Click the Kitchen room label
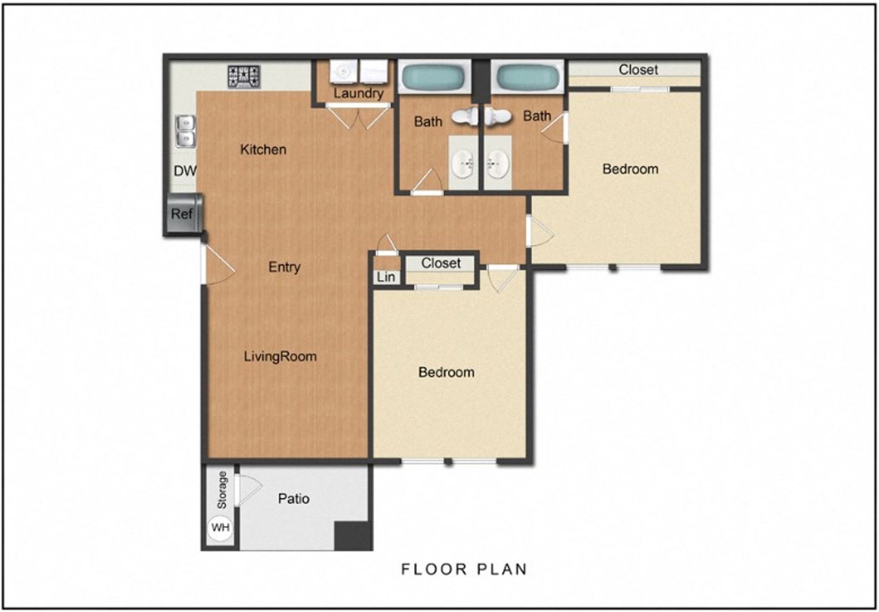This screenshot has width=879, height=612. tap(263, 149)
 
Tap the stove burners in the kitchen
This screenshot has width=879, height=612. tap(244, 76)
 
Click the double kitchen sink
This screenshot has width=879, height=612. tap(185, 131)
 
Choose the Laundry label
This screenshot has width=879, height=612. tap(358, 93)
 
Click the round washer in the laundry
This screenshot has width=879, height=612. tap(343, 71)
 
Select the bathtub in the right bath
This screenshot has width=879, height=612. tap(527, 76)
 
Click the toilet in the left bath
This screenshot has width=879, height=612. tap(465, 116)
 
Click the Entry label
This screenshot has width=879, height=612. tap(285, 267)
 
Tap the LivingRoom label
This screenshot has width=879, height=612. tap(280, 357)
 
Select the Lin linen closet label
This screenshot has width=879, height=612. tap(386, 277)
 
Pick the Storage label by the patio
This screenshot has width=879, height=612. tap(222, 491)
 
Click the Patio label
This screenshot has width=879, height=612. tap(294, 499)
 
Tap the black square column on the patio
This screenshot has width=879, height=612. tap(353, 536)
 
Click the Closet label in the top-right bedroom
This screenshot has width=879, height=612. tap(638, 70)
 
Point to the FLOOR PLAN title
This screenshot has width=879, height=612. tap(464, 569)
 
